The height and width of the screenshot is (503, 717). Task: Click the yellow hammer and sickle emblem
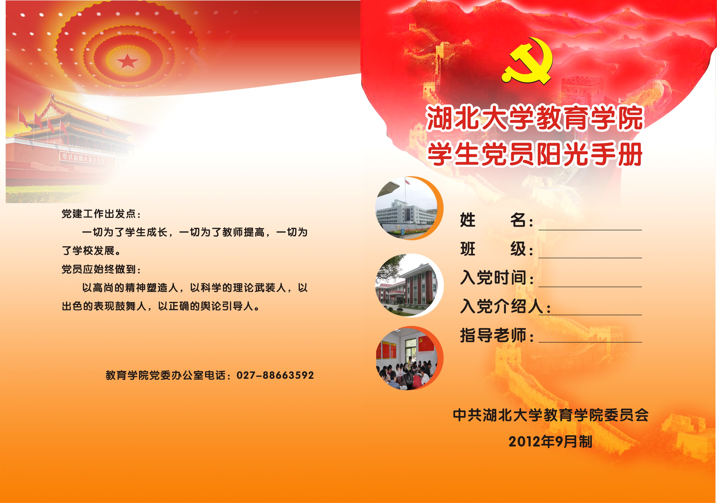point(528,61)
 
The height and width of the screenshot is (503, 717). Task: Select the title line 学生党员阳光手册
point(534,154)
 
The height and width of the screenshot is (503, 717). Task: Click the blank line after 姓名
point(590,230)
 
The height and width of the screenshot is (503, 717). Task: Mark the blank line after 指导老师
point(590,342)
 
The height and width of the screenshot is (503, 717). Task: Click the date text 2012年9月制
point(550,442)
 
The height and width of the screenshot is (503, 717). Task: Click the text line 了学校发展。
point(91,250)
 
